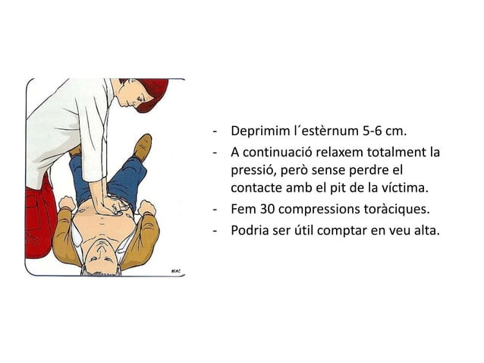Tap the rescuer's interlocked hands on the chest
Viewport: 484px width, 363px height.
113,206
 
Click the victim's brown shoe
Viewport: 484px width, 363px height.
142,147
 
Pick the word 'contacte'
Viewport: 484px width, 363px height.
256,188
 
